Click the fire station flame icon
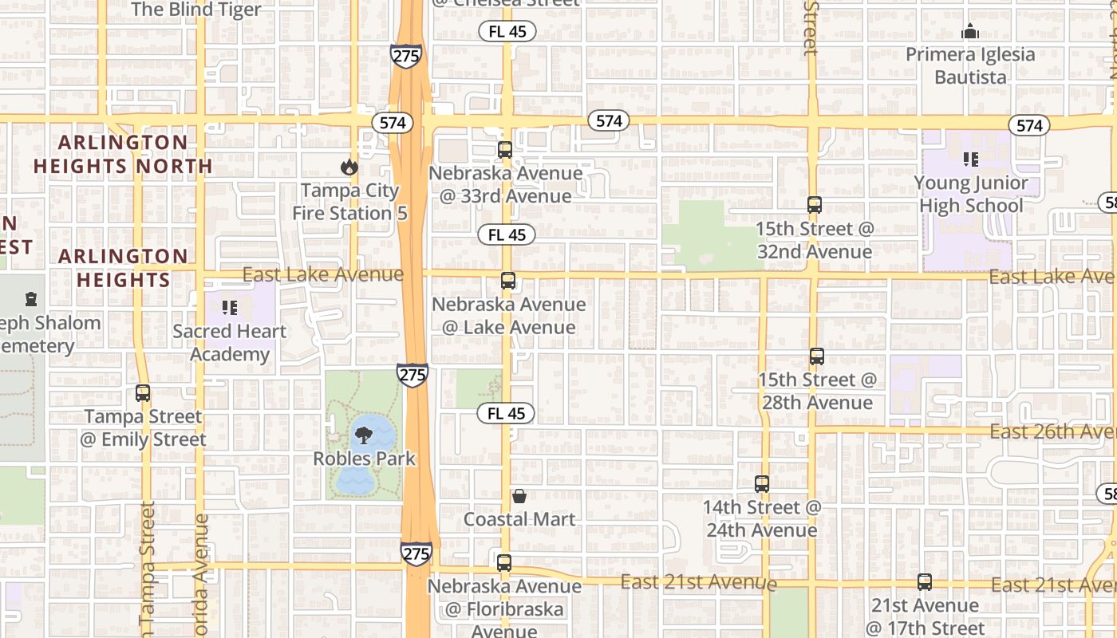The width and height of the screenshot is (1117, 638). click(x=349, y=167)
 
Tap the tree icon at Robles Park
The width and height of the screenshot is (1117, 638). click(x=364, y=435)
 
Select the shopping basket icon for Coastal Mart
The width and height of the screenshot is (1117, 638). click(x=519, y=496)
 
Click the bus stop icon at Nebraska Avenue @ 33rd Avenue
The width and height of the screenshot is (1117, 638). click(x=505, y=150)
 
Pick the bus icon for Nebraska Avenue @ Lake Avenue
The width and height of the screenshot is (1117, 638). click(x=508, y=281)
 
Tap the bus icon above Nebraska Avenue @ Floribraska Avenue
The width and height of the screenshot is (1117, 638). click(x=504, y=563)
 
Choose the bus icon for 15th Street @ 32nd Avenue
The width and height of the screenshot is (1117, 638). click(x=815, y=205)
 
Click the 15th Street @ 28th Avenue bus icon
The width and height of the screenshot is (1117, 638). click(x=817, y=356)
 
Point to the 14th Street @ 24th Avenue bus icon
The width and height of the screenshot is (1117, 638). click(x=762, y=484)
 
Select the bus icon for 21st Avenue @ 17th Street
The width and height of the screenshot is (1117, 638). click(x=925, y=582)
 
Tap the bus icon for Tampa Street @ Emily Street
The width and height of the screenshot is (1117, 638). click(x=143, y=393)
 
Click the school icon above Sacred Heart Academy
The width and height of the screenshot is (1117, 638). click(x=230, y=308)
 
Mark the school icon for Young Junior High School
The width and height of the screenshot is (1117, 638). click(x=971, y=159)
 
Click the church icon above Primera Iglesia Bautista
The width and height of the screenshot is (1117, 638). click(x=970, y=32)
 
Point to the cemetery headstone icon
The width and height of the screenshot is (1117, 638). click(x=31, y=300)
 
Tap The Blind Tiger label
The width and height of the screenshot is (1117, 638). click(x=196, y=10)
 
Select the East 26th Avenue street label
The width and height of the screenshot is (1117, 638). click(x=1052, y=431)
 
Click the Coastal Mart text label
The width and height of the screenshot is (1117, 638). click(x=519, y=519)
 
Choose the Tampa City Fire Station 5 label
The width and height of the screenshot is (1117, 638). click(x=349, y=202)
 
